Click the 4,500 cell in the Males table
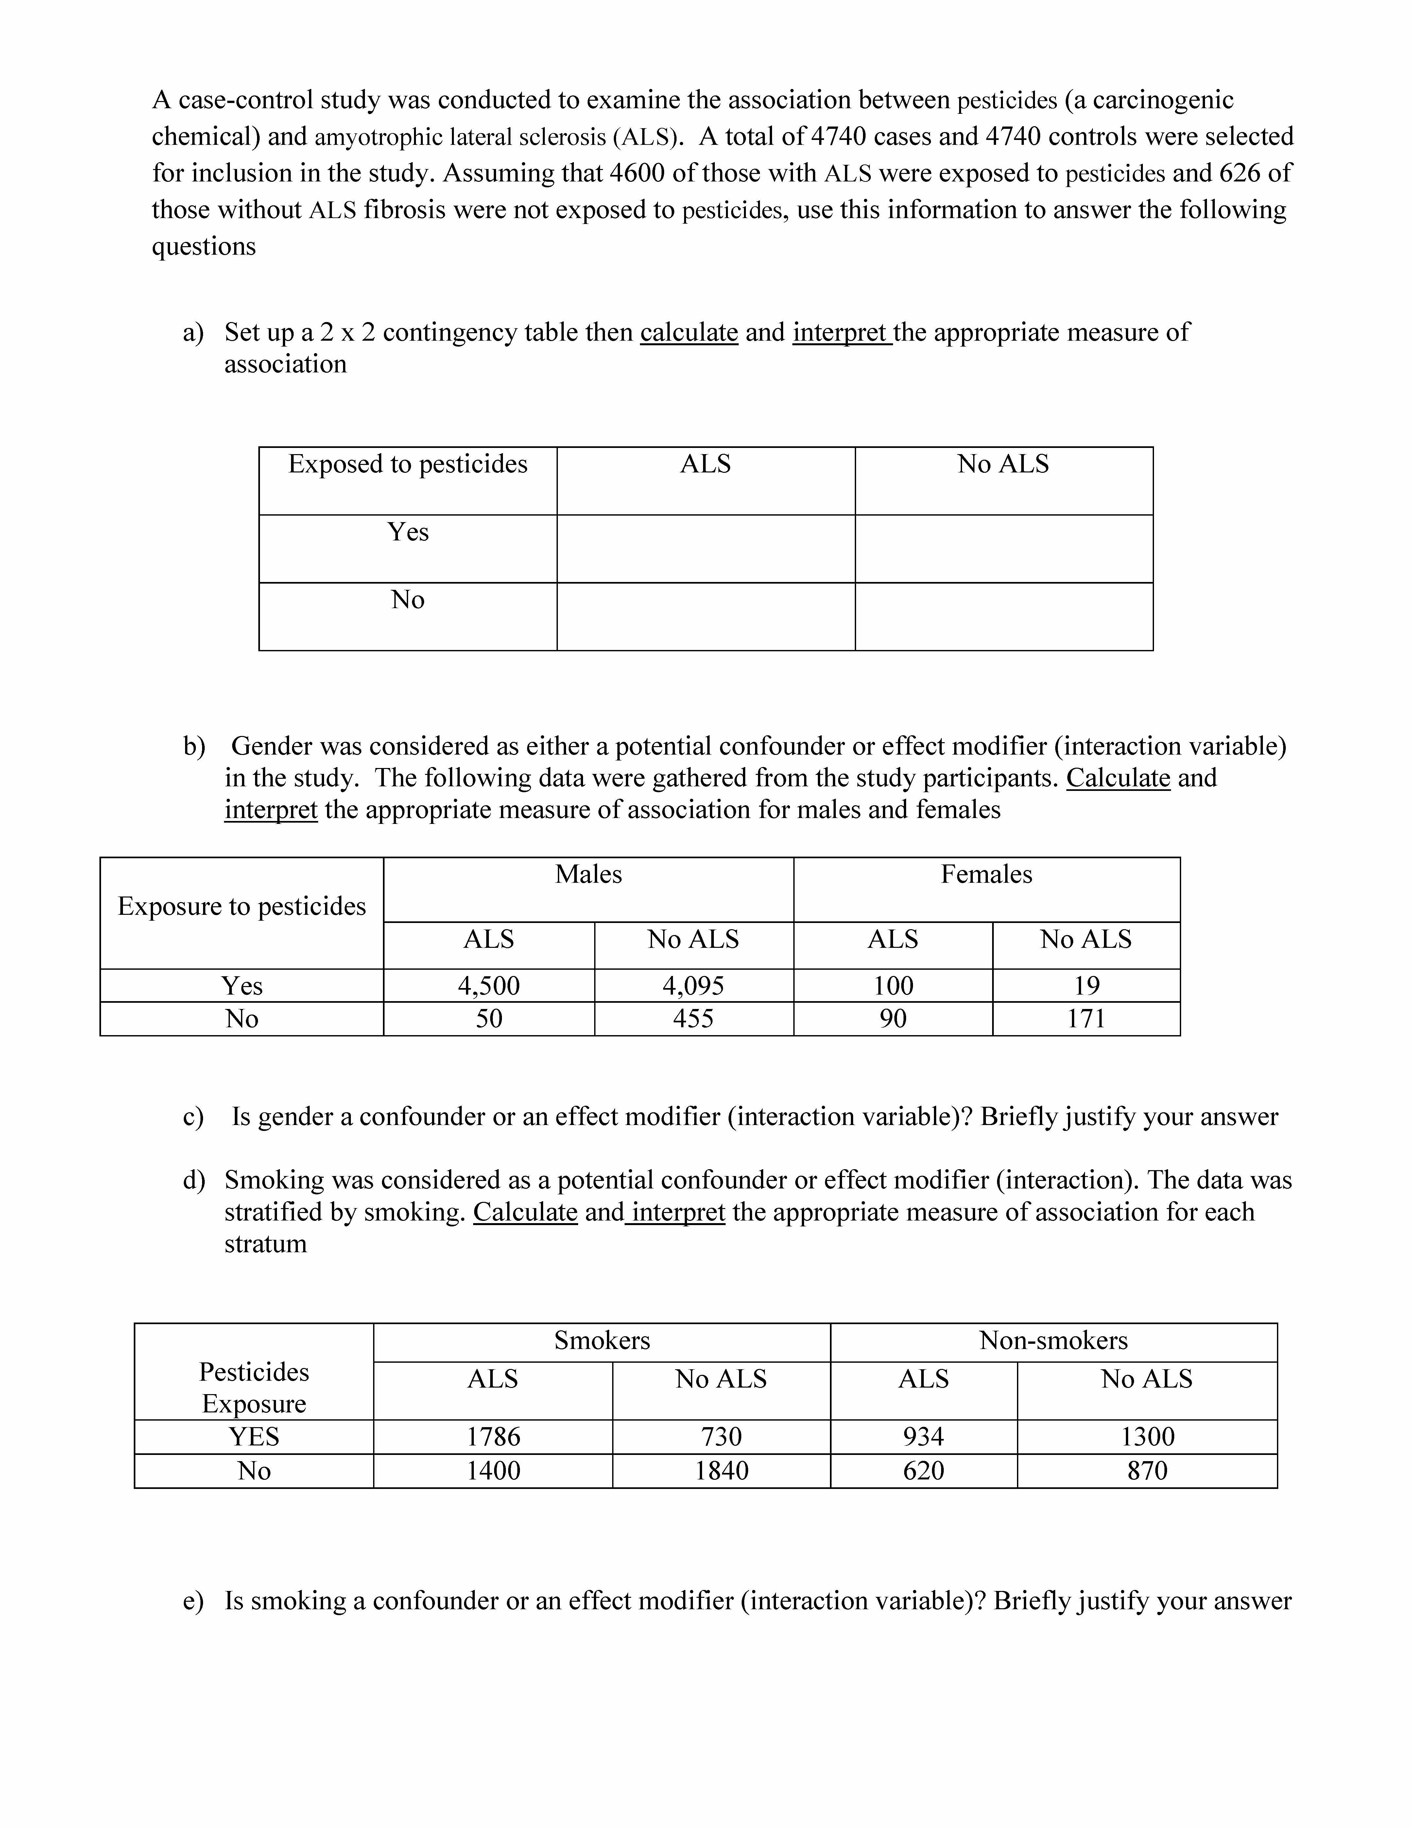(x=489, y=985)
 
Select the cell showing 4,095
(x=694, y=985)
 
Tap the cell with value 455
(x=694, y=1018)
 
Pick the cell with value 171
(x=1086, y=1018)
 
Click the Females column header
(x=986, y=874)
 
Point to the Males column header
(x=588, y=874)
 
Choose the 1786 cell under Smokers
(x=493, y=1436)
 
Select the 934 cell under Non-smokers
(x=923, y=1436)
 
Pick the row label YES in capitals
(x=253, y=1436)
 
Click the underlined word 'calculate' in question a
(x=688, y=332)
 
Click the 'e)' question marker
(x=193, y=1600)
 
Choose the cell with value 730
(x=721, y=1436)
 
